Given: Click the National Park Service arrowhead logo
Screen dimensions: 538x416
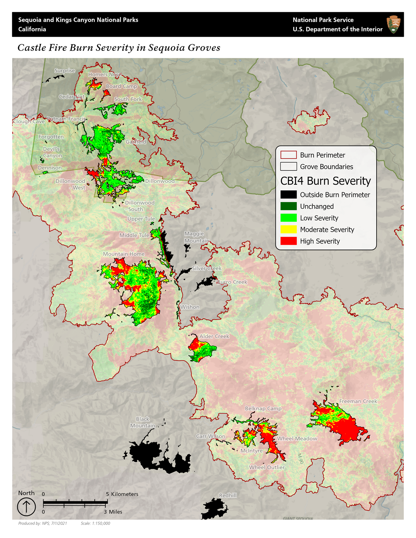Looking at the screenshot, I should click(x=393, y=24).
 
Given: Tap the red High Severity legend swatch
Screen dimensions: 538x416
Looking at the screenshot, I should click(x=288, y=241).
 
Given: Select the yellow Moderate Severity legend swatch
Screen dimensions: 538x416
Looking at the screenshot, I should click(x=288, y=230).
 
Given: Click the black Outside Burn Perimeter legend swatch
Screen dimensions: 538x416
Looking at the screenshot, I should click(x=288, y=195).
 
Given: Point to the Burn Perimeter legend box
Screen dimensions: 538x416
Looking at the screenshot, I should click(x=288, y=155).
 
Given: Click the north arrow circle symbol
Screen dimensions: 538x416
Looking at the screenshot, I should click(x=26, y=507).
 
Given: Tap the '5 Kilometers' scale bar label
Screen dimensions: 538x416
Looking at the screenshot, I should click(x=122, y=494).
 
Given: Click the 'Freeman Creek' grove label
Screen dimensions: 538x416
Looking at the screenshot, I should click(x=358, y=401).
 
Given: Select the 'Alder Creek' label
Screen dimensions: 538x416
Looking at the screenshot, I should click(x=214, y=336).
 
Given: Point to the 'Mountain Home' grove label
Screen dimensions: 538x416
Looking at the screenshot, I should click(x=124, y=254).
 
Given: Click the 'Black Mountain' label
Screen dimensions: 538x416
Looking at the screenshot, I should click(x=142, y=422).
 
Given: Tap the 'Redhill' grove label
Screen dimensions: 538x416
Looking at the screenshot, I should click(x=228, y=495).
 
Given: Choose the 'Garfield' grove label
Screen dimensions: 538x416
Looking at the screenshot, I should click(x=136, y=142).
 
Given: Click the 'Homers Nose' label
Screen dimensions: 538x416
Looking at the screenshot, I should click(x=105, y=75).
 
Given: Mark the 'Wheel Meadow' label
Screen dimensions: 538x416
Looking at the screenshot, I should click(x=297, y=439).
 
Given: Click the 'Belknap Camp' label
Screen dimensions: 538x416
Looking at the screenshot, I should click(x=263, y=408).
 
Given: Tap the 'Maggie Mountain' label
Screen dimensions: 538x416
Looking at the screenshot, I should click(x=196, y=237).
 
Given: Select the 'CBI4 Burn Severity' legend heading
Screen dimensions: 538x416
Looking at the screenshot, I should click(x=325, y=181).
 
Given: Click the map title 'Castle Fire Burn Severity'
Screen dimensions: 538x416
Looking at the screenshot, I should click(x=119, y=48).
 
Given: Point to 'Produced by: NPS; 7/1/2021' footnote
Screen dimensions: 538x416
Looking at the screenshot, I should click(x=43, y=523).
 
